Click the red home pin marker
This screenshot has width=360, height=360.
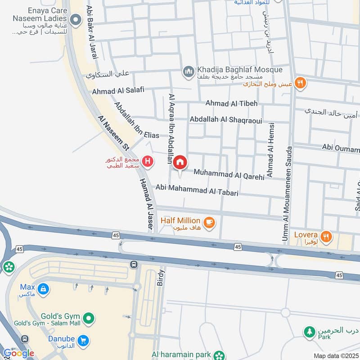(180, 163)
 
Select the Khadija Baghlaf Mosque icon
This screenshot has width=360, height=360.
(188, 71)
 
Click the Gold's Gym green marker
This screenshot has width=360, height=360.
(90, 319)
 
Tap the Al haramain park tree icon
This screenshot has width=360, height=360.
(219, 355)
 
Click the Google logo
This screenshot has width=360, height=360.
(18, 353)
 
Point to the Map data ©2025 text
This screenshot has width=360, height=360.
(336, 355)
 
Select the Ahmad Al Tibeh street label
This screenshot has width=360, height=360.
(231, 103)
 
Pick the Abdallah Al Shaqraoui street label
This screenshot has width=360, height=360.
(226, 120)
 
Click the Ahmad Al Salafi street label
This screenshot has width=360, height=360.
(118, 91)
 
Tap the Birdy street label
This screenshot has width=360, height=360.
(162, 278)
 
